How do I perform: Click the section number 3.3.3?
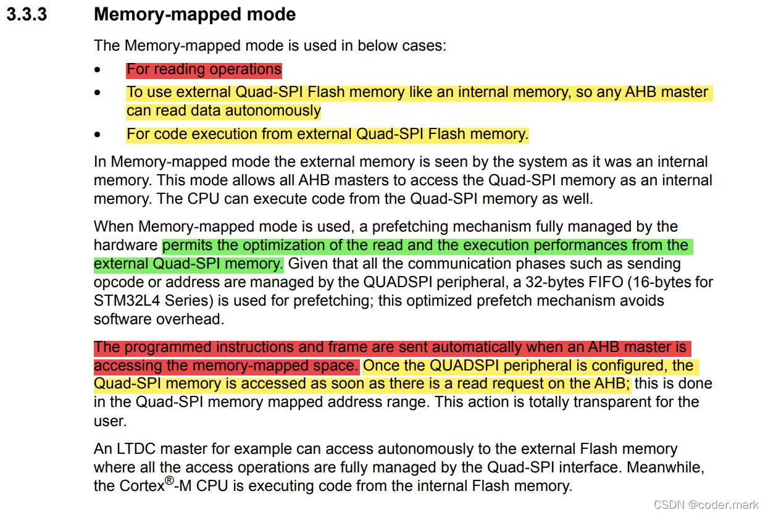pyautogui.click(x=27, y=15)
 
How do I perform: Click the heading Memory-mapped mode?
pyautogui.click(x=194, y=15)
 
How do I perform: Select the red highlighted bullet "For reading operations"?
pyautogui.click(x=204, y=69)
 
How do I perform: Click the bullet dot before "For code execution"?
pyautogui.click(x=98, y=135)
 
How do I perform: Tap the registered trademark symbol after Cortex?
pyautogui.click(x=169, y=480)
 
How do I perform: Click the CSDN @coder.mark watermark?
pyautogui.click(x=706, y=505)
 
